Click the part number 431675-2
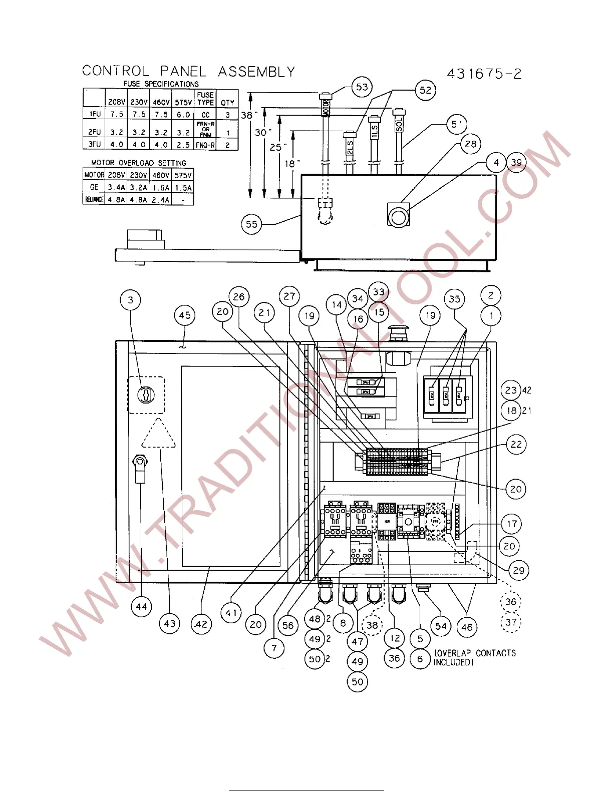click(x=484, y=74)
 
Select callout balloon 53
click(x=362, y=87)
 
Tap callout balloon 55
click(x=251, y=224)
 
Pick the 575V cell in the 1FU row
click(x=183, y=114)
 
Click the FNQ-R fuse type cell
click(x=205, y=145)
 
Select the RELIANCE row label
click(x=94, y=199)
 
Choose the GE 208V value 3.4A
click(x=116, y=187)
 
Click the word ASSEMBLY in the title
click(x=256, y=72)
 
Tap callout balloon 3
click(x=130, y=300)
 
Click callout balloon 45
click(x=185, y=315)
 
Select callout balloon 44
click(x=142, y=607)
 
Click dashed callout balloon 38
click(x=372, y=625)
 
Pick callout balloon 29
click(x=519, y=570)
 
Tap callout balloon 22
click(x=516, y=444)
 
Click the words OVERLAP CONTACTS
click(x=475, y=653)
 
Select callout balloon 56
click(x=288, y=625)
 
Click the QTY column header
click(x=227, y=102)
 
